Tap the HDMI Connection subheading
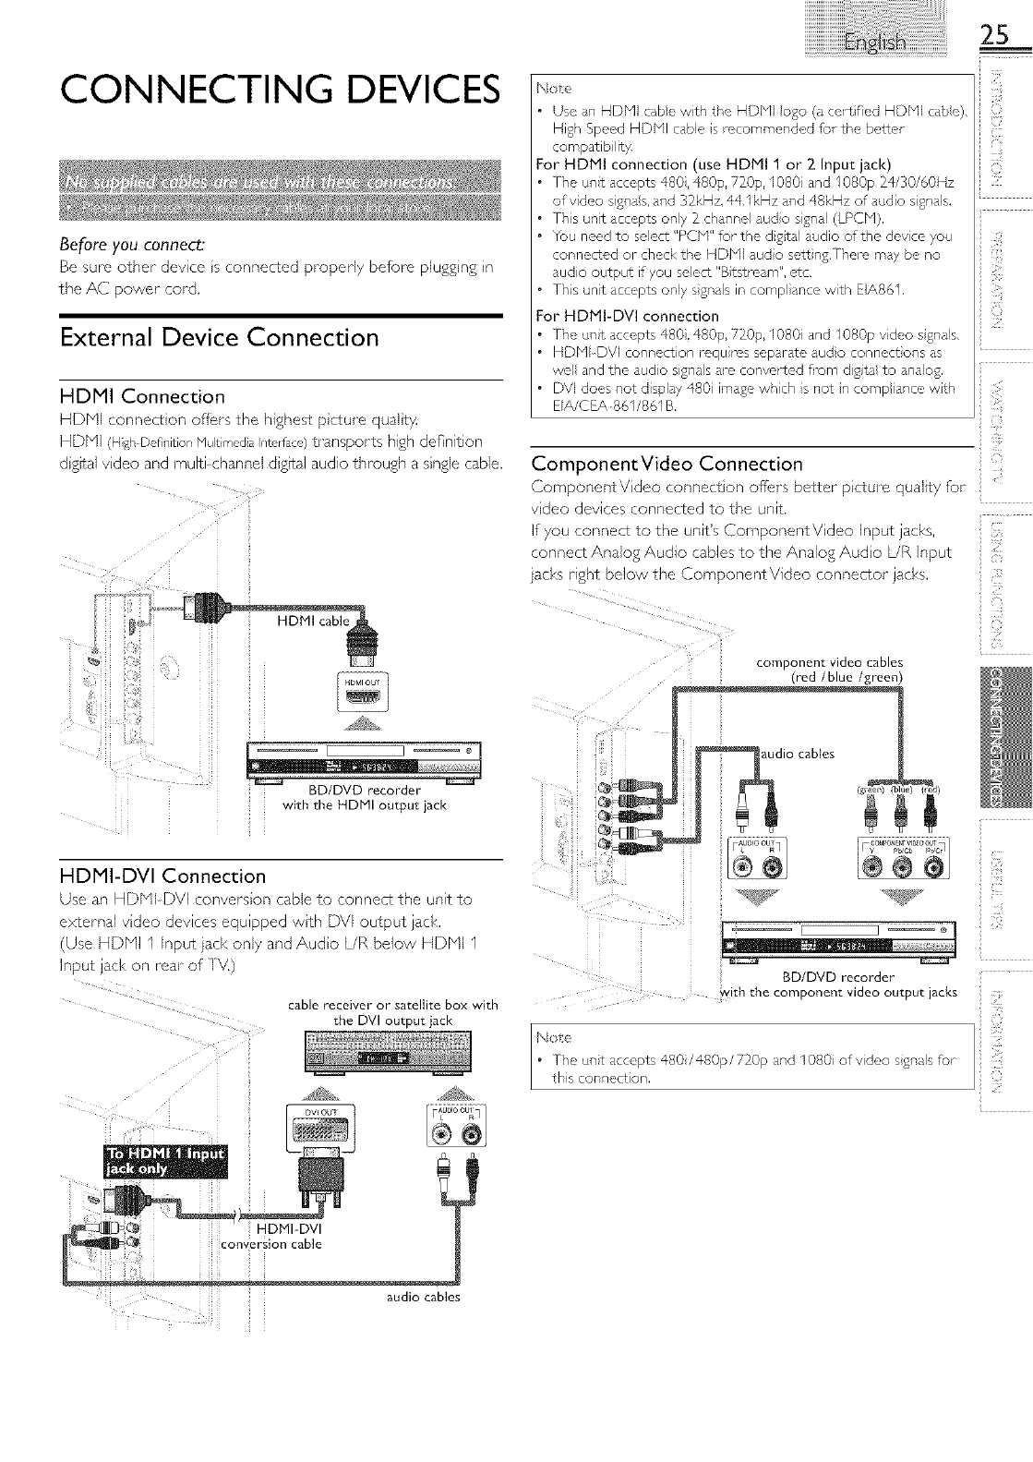141,397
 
